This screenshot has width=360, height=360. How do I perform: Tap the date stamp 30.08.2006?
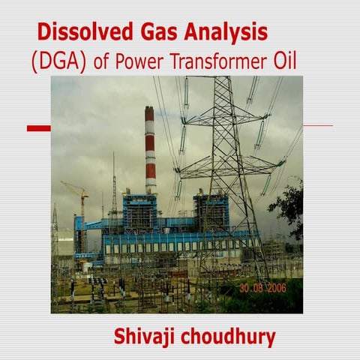click(x=268, y=287)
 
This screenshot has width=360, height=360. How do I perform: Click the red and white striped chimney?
click(x=150, y=150)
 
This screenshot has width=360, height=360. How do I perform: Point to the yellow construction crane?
click(x=79, y=196)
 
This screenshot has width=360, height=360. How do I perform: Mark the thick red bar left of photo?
click(x=38, y=128)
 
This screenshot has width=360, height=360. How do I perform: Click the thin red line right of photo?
click(x=318, y=125)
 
